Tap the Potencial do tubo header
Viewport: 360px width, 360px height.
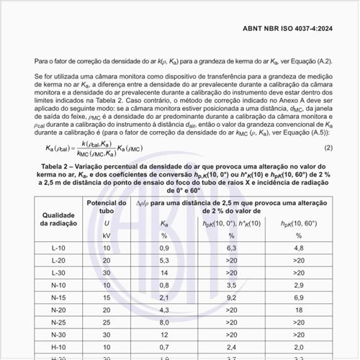click(x=107, y=208)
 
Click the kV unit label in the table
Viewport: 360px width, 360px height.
click(x=107, y=235)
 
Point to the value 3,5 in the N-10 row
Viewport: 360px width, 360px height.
click(x=231, y=284)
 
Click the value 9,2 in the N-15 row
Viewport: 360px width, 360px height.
click(x=231, y=297)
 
